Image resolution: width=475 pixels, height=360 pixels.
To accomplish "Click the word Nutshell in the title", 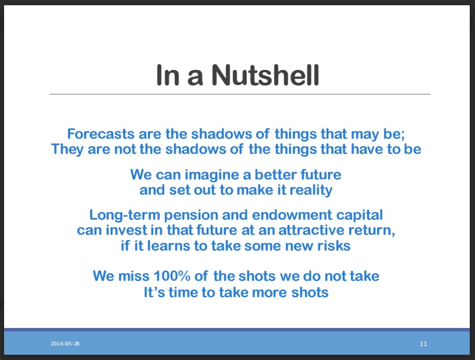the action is (x=265, y=75).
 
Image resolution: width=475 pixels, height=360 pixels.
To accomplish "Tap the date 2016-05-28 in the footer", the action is (x=65, y=344).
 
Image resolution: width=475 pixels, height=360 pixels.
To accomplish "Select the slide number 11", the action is (x=424, y=344).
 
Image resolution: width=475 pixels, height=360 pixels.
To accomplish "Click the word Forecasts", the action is (x=101, y=133).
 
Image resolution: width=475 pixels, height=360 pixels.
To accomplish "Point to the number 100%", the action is (x=172, y=276).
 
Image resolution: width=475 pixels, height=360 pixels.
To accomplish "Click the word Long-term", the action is (x=125, y=215).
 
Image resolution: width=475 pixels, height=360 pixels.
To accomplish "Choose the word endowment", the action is (x=292, y=215).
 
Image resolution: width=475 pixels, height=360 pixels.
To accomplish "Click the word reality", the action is (x=311, y=190).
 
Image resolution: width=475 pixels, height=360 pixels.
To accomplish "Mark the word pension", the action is (x=191, y=215).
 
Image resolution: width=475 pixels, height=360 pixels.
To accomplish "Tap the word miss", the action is (x=134, y=276).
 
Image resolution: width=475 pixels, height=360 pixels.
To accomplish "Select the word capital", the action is (x=360, y=215).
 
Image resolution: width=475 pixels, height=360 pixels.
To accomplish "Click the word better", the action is (x=275, y=175).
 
